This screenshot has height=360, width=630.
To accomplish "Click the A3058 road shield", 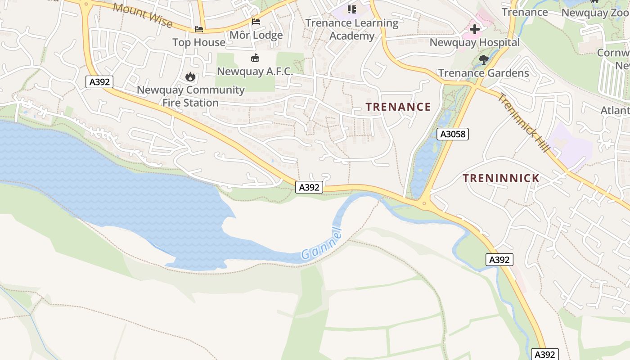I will click(453, 134).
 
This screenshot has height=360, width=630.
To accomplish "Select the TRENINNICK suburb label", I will click(501, 178).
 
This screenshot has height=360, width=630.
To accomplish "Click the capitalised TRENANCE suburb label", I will click(398, 107).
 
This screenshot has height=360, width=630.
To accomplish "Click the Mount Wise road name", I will click(143, 15).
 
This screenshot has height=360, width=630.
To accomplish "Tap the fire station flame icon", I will click(190, 77).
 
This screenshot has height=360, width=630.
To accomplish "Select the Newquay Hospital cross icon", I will click(475, 30).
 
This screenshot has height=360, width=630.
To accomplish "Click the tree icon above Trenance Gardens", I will click(484, 59).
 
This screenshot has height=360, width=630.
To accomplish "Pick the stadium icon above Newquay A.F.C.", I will click(255, 58).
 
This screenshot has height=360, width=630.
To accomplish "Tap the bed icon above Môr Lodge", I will click(256, 22).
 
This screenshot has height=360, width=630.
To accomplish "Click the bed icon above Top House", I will click(199, 29).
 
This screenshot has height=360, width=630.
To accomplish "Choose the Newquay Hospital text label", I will click(475, 43).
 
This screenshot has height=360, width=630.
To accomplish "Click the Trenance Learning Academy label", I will click(352, 29).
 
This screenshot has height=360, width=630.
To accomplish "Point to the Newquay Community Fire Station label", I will click(191, 96).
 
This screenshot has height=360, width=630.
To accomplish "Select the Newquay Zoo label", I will click(595, 13).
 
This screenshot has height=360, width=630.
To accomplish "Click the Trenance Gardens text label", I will click(484, 73).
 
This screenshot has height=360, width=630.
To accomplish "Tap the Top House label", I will click(199, 42).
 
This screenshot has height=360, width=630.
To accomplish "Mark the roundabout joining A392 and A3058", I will click(424, 203).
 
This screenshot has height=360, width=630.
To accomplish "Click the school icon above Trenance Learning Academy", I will click(352, 9).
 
